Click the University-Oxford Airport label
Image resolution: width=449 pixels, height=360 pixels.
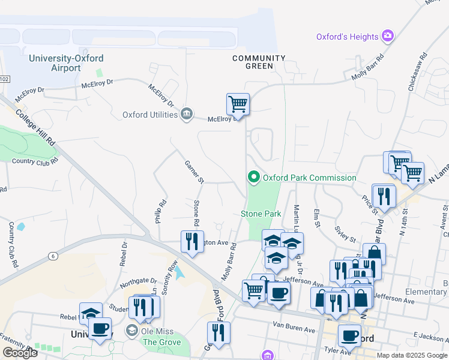(66, 63)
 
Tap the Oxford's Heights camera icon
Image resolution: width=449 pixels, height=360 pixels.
(388, 37)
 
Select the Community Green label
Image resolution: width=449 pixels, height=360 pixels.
(259, 62)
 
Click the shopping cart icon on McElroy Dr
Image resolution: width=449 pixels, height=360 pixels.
(238, 104)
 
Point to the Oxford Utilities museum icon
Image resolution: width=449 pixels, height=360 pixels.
(187, 114)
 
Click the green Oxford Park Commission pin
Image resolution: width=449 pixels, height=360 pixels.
(253, 177)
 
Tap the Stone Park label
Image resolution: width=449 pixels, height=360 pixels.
(261, 214)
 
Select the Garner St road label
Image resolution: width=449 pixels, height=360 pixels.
(194, 172)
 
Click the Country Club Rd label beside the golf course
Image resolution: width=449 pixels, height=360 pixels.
(35, 161)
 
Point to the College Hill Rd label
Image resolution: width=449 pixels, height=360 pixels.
(35, 127)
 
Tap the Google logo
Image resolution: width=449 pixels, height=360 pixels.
(19, 353)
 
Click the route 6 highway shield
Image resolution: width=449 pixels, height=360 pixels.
(53, 256)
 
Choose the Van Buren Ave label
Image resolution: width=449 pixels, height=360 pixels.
(294, 330)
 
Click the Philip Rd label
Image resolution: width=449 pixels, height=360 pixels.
(160, 211)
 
